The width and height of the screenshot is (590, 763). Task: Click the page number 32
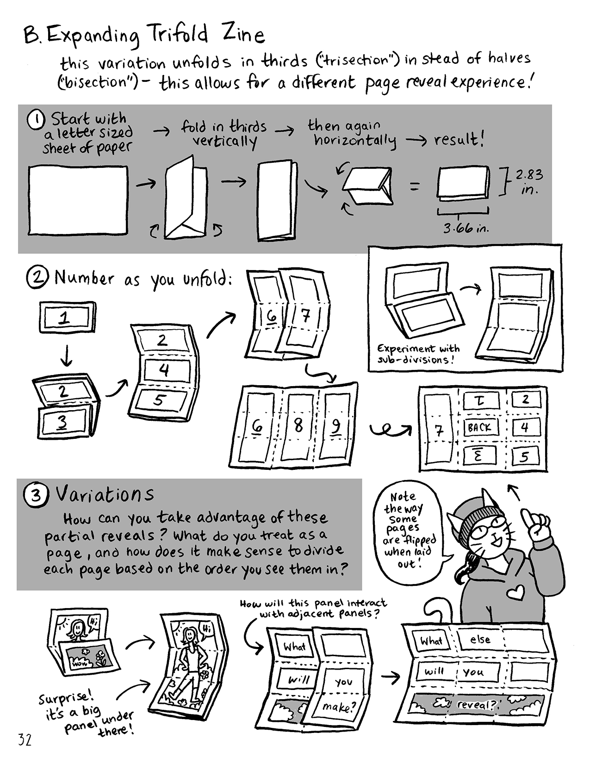pos(25,740)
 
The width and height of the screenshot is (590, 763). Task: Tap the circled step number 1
pos(36,120)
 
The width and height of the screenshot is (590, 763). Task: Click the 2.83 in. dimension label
pos(529,182)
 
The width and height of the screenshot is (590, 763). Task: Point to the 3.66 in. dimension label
pos(466,228)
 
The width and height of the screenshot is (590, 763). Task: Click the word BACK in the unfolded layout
pos(479,428)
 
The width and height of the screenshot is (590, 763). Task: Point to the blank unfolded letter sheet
pos(78,200)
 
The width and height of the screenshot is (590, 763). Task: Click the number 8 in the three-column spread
pos(298,425)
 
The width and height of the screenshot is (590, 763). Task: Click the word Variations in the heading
pos(105,494)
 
